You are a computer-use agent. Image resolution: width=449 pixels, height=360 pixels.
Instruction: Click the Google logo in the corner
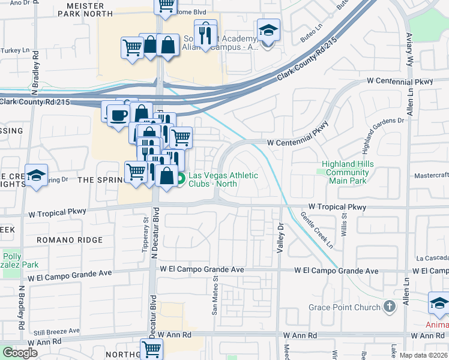pyautogui.click(x=20, y=353)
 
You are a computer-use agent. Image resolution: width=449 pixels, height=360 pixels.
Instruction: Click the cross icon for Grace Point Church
pyautogui.click(x=390, y=307)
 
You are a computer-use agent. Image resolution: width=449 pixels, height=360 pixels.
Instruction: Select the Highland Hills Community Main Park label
pyautogui.click(x=348, y=172)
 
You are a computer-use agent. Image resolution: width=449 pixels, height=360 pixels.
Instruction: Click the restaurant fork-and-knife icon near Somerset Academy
pyautogui.click(x=205, y=33)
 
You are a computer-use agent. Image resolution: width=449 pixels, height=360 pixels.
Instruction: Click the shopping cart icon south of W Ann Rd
pyautogui.click(x=152, y=349)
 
